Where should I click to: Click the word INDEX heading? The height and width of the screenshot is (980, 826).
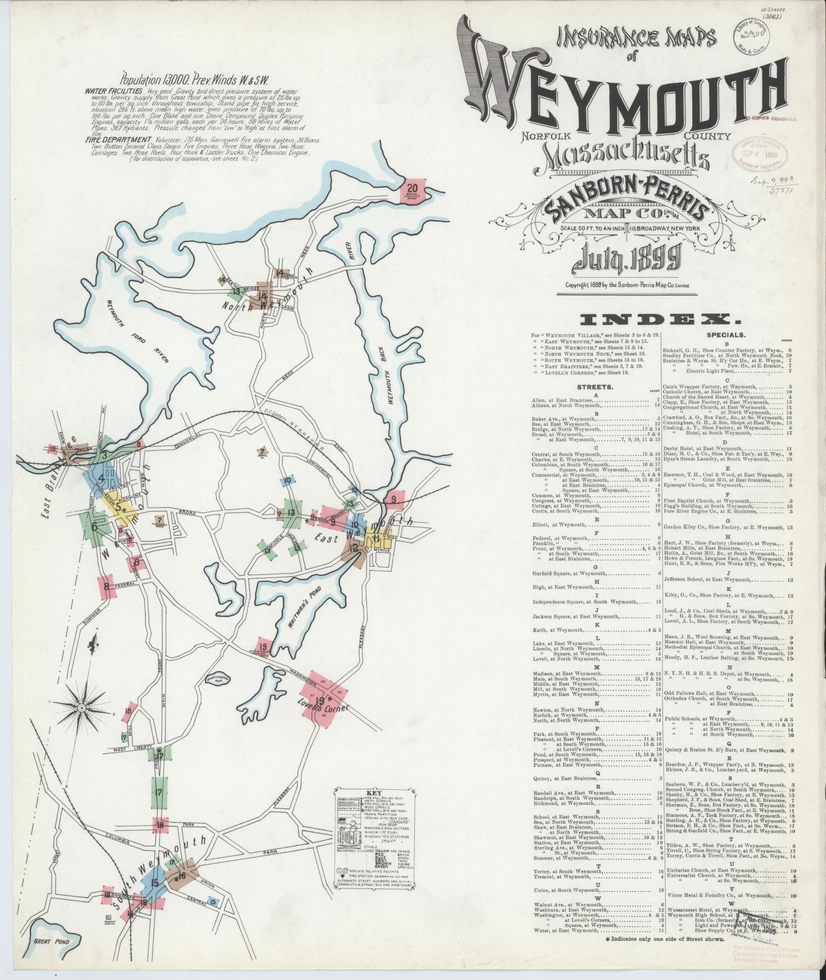click(x=661, y=320)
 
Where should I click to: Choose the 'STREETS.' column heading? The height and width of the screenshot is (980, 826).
click(x=594, y=388)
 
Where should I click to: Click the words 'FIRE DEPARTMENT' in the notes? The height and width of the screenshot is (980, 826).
click(x=119, y=139)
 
